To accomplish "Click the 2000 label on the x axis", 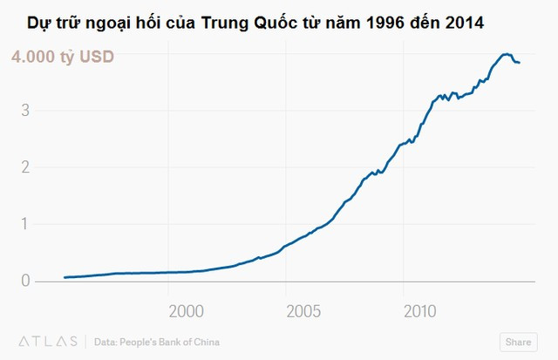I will pyautogui.click(x=187, y=311).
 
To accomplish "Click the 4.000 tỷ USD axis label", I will pyautogui.click(x=62, y=58).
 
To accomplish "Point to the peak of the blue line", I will pyautogui.click(x=507, y=54).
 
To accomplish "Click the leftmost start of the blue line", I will pyautogui.click(x=65, y=277).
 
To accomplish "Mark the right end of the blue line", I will pyautogui.click(x=520, y=62).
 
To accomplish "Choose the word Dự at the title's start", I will pyautogui.click(x=39, y=23).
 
